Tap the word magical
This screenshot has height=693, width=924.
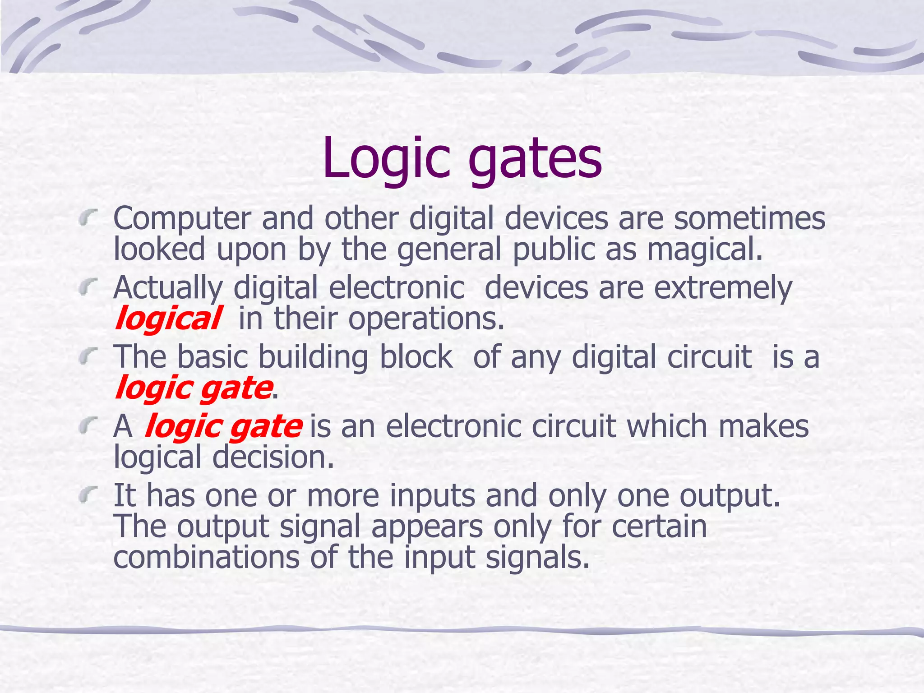704,250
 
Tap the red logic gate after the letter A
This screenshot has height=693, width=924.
223,427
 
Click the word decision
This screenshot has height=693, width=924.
273,457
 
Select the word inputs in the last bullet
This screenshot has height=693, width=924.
432,495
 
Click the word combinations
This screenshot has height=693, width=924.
206,558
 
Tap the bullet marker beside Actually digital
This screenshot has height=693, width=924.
88,286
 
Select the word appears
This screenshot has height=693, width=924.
427,527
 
